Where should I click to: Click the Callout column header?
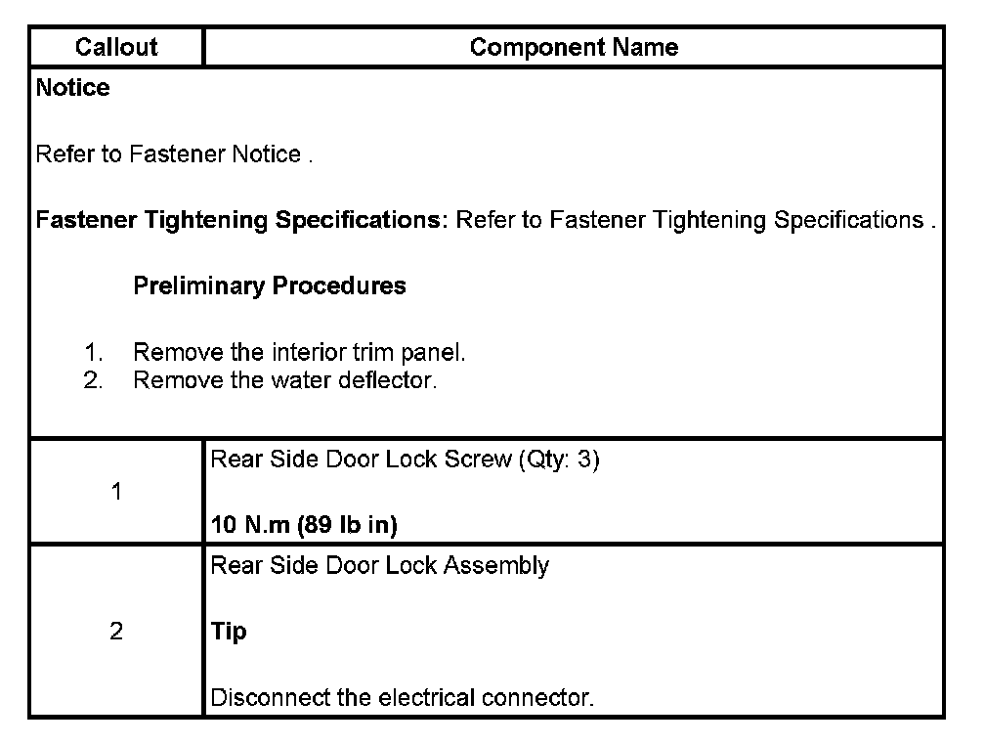coord(116,47)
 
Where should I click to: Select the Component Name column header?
coord(574,47)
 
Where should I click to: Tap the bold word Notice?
coord(73,88)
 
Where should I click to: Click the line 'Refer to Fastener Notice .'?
coord(174,154)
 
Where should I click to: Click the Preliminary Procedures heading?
coord(270,286)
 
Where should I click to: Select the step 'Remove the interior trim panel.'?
coord(299,353)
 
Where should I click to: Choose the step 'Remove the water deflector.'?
coord(284,379)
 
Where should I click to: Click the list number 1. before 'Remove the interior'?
coord(93,353)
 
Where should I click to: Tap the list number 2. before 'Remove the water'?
coord(93,379)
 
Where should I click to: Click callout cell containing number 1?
coord(116,492)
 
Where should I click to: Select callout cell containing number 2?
coord(116,632)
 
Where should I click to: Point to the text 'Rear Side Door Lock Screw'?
coord(361,460)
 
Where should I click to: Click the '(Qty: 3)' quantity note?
coord(558,460)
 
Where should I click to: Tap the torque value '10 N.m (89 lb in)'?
coord(304,525)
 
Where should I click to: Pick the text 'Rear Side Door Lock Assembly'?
coord(380,566)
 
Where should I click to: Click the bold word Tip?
coord(229,632)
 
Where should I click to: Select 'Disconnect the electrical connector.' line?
coord(403,698)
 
